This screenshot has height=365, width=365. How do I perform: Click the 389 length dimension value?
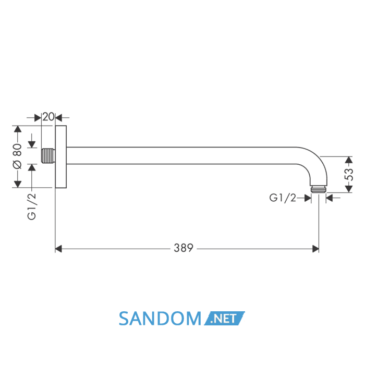pyautogui.click(x=184, y=248)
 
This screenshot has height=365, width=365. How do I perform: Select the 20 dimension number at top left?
pyautogui.click(x=48, y=117)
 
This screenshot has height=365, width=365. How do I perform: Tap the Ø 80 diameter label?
pyautogui.click(x=17, y=156)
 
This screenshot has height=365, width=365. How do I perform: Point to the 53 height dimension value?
pyautogui.click(x=348, y=175)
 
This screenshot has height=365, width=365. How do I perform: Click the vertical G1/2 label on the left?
pyautogui.click(x=32, y=206)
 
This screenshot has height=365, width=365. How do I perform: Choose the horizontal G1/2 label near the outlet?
pyautogui.click(x=283, y=198)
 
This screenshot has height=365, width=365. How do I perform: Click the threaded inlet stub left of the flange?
pyautogui.click(x=48, y=156)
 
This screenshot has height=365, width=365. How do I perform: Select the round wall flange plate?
pyautogui.click(x=61, y=156)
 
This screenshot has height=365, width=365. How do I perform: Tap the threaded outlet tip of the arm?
pyautogui.click(x=319, y=189)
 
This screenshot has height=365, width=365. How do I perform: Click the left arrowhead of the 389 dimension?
pyautogui.click(x=58, y=249)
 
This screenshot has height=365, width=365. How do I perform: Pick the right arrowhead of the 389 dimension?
pyautogui.click(x=315, y=249)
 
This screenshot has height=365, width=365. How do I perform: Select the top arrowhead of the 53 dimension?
pyautogui.click(x=348, y=160)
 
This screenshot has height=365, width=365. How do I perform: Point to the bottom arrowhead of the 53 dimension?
pyautogui.click(x=348, y=189)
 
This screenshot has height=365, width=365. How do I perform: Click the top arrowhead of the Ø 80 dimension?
pyautogui.click(x=17, y=129)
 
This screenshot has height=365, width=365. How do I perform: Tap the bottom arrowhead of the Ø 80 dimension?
pyautogui.click(x=17, y=184)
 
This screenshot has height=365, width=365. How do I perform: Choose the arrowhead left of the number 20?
pyautogui.click(x=38, y=118)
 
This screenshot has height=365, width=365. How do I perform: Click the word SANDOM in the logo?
pyautogui.click(x=160, y=319)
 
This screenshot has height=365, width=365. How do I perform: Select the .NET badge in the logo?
pyautogui.click(x=224, y=318)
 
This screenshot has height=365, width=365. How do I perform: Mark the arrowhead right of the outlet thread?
pyautogui.click(x=330, y=198)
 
